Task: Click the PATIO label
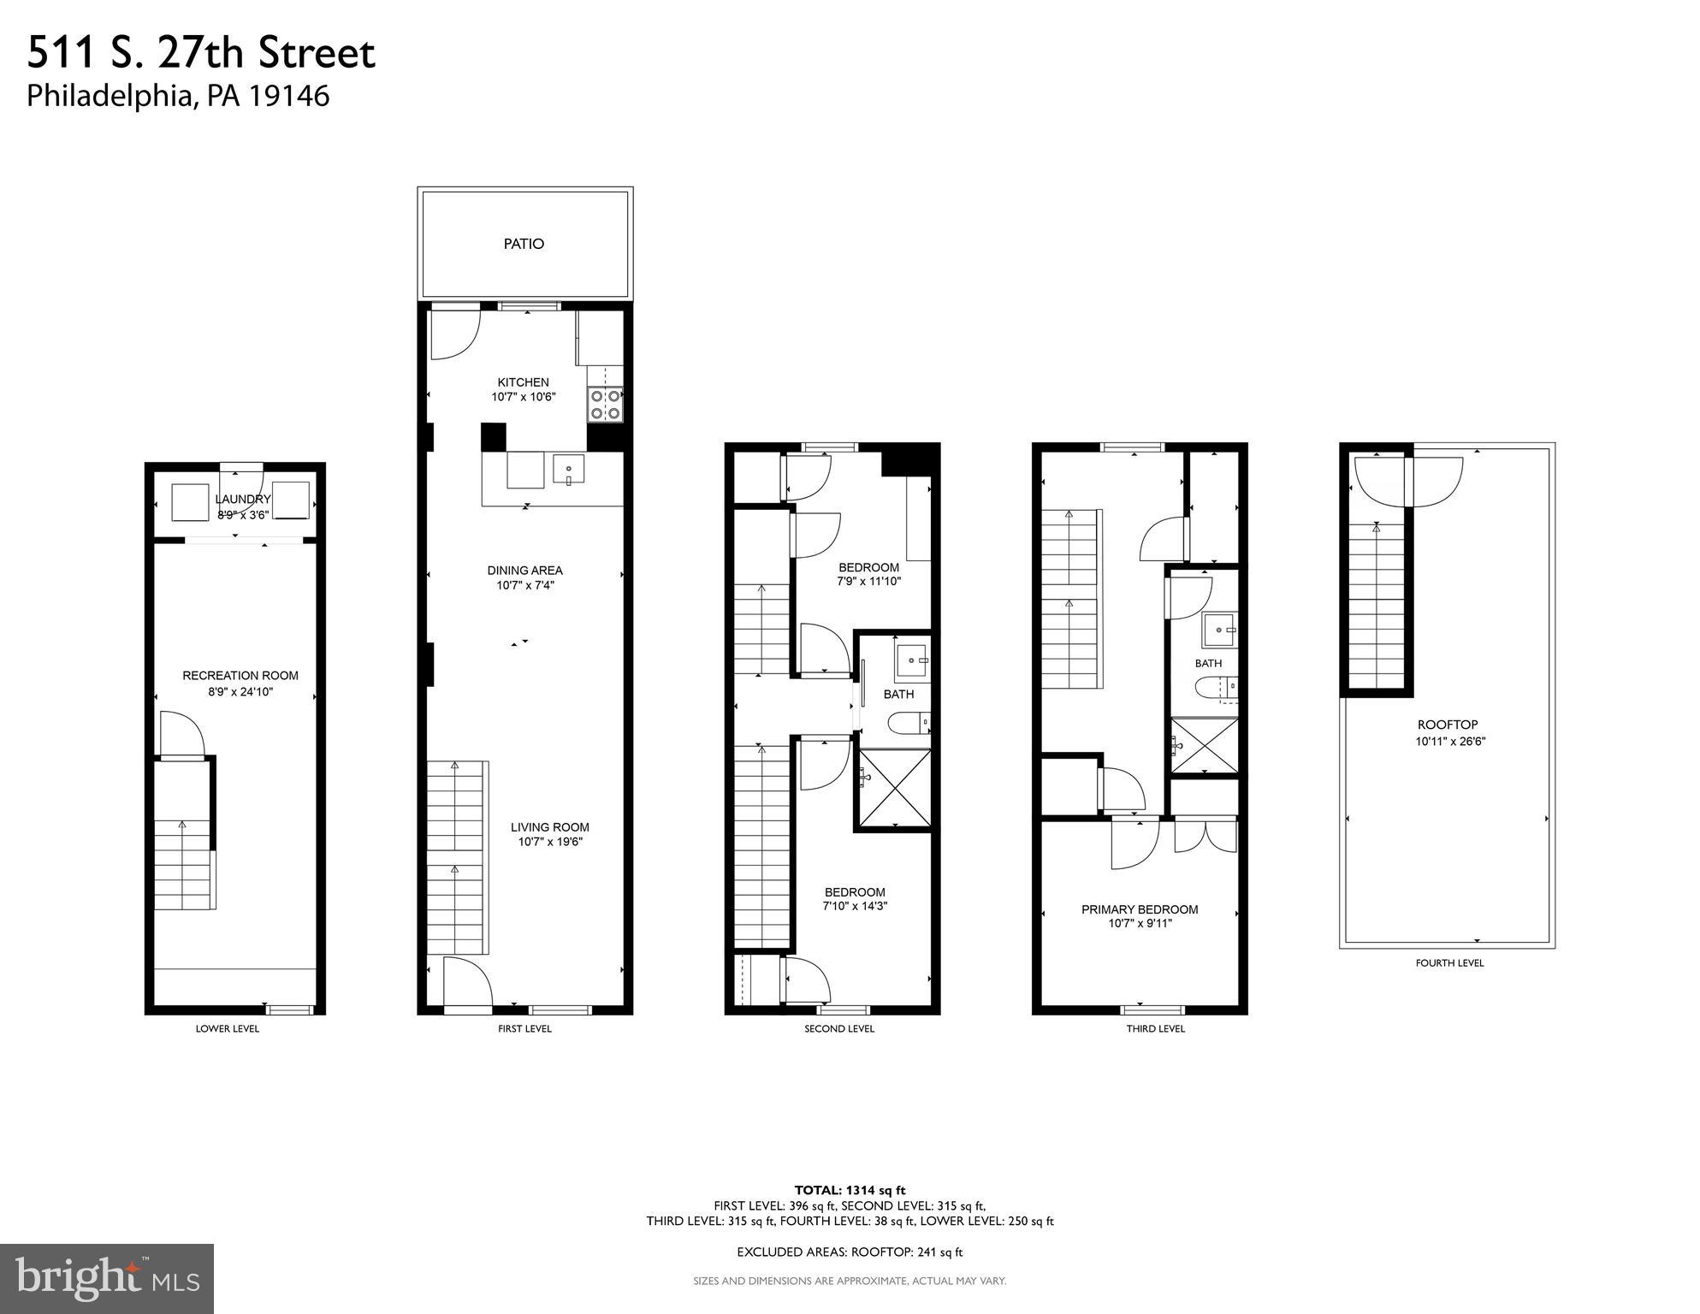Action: click(524, 245)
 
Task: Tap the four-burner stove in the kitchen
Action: click(605, 405)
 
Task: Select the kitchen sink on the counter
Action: click(568, 471)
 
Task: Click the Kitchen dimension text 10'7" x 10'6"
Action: click(524, 397)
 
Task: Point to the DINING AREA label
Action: click(524, 571)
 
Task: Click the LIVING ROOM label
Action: click(549, 827)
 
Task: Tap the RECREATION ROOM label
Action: click(240, 676)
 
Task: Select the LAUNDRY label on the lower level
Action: click(243, 500)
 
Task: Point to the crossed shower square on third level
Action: click(1204, 746)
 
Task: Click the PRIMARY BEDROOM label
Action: click(1140, 909)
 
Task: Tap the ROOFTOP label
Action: click(1448, 725)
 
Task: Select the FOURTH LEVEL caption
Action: click(1449, 963)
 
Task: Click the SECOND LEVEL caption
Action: click(838, 1029)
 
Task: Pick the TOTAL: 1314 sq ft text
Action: click(850, 1190)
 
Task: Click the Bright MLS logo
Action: click(107, 1279)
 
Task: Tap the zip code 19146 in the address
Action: click(288, 96)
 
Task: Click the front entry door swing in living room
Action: click(467, 981)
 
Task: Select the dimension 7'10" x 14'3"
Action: click(855, 906)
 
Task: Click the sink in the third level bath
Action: click(1218, 630)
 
